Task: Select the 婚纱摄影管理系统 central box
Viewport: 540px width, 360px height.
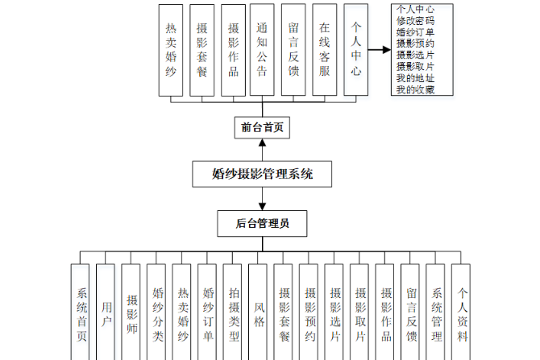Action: (x=262, y=173)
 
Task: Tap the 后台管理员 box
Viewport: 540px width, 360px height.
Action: (x=262, y=222)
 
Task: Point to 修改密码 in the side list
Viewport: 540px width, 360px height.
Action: (x=416, y=21)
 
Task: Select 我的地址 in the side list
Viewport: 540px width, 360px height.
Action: (x=416, y=78)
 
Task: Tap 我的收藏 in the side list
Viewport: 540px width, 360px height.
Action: (x=416, y=89)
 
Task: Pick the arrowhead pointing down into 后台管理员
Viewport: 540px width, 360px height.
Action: (x=262, y=206)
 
